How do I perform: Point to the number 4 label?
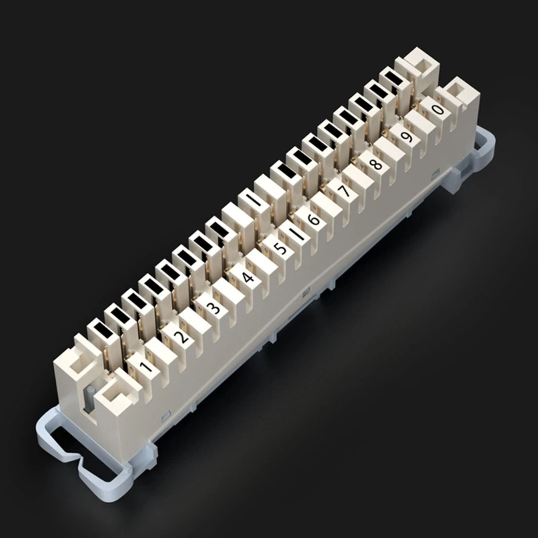tap(247, 277)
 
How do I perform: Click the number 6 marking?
tap(313, 221)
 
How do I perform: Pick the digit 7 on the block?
tap(344, 192)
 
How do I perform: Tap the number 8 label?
tap(375, 163)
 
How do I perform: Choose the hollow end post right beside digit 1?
tap(112, 397)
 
